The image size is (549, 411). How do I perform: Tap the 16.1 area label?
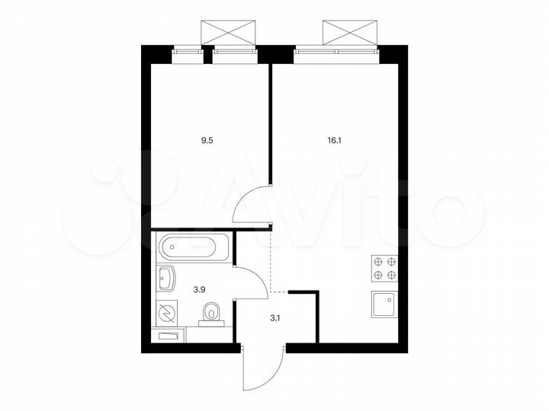pyautogui.click(x=335, y=140)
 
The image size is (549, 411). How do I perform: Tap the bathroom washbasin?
pyautogui.click(x=166, y=279)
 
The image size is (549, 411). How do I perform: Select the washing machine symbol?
pyautogui.click(x=165, y=311)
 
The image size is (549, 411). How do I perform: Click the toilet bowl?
pyautogui.click(x=211, y=312)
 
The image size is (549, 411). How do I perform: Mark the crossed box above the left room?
pyautogui.click(x=226, y=33)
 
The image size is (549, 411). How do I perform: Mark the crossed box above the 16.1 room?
pyautogui.click(x=349, y=33)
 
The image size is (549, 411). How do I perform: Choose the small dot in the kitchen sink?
pyautogui.click(x=391, y=300)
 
